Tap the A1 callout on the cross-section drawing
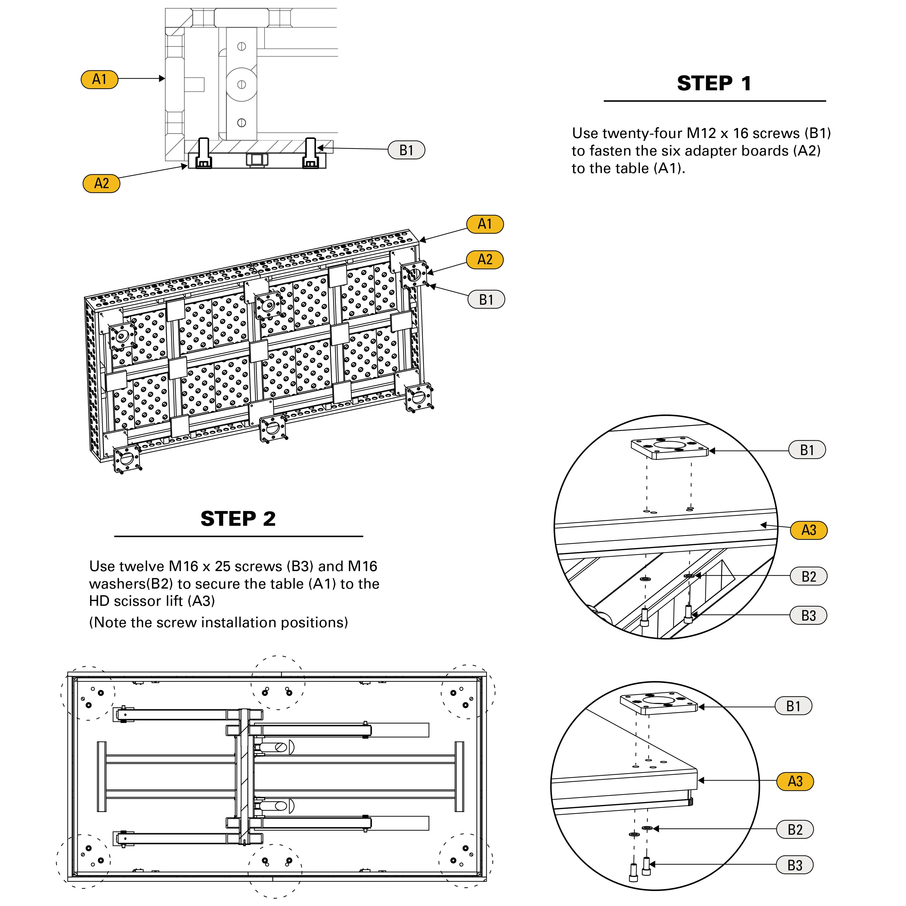coord(99,79)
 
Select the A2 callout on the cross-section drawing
coord(101,183)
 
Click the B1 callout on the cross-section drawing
coord(406,150)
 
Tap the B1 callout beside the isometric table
coord(486,299)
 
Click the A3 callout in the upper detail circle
coord(808,530)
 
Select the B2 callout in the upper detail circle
coord(808,576)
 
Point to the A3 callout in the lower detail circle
coord(795,781)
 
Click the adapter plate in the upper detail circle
coord(669,448)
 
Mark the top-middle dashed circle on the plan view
coord(278,682)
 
